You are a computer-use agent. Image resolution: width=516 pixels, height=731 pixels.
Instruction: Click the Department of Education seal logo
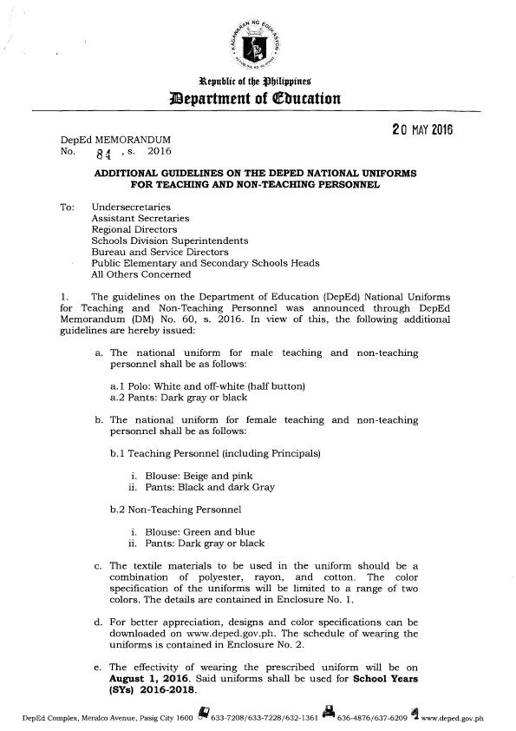pyautogui.click(x=258, y=43)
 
